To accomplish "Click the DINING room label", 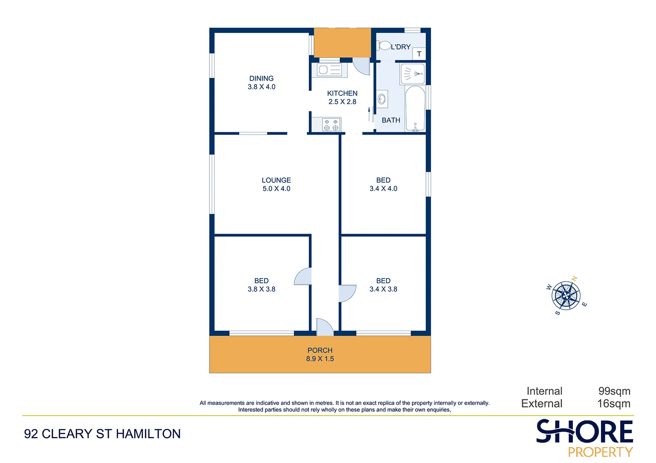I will (x=262, y=83).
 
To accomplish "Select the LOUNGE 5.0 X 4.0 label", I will (x=276, y=184).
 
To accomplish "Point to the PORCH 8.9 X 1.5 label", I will (x=320, y=354).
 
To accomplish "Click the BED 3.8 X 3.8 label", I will (x=262, y=285).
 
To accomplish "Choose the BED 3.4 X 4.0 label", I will (x=384, y=184).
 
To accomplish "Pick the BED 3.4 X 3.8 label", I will (x=384, y=285).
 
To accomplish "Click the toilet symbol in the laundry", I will (x=384, y=45).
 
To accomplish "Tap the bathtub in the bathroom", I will (x=415, y=108).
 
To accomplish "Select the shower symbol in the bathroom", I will (x=412, y=74).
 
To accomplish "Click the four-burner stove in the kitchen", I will (x=331, y=124).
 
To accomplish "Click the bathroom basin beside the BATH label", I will (x=382, y=99).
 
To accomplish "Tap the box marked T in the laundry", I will (x=419, y=54).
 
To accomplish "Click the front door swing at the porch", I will (x=324, y=327).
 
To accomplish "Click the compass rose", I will (x=566, y=296).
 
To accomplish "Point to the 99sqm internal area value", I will (x=614, y=391).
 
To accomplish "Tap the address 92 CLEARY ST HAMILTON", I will (x=102, y=434).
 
